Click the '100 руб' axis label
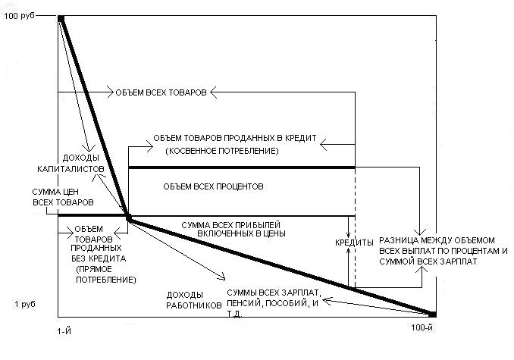(20, 17)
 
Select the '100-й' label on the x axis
(422, 327)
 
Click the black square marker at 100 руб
(61, 17)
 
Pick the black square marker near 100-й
(433, 314)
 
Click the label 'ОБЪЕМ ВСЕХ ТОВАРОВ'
(160, 92)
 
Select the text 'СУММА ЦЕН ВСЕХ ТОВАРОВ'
(64, 198)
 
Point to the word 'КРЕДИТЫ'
(355, 243)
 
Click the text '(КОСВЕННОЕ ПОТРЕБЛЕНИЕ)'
(216, 152)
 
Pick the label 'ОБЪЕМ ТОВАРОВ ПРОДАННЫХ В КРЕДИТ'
(239, 140)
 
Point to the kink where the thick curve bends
(128, 218)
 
